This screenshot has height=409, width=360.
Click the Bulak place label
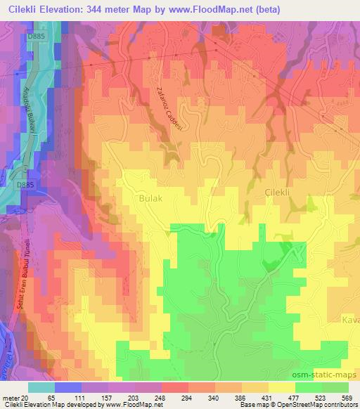click(151, 199)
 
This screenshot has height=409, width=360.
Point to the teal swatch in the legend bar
click(41, 387)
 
